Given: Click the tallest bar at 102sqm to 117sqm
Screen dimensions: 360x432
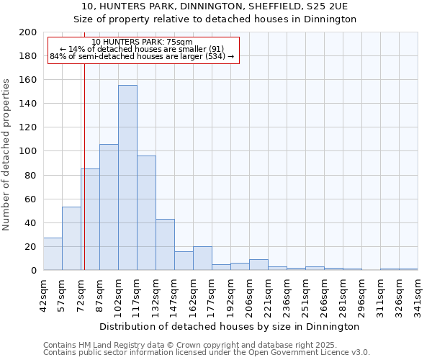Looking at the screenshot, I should tap(127, 178).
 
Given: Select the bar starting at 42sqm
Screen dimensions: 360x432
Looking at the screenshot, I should tap(53, 254).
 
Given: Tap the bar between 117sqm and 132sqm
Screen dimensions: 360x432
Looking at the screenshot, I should tap(146, 213).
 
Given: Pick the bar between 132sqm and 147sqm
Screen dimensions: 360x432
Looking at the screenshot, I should tap(165, 245).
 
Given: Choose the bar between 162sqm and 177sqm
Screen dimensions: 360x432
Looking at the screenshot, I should tap(202, 258).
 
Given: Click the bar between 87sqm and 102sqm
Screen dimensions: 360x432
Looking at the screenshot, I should tap(109, 207).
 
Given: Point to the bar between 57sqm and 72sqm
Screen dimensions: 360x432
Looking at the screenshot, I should tap(71, 238).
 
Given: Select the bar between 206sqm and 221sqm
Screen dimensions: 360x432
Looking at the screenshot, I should tap(258, 265).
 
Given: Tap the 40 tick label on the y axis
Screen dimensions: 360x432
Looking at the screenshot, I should tap(31, 223).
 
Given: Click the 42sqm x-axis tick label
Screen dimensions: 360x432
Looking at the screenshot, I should tap(43, 295).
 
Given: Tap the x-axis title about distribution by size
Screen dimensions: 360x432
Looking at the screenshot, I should tap(230, 327).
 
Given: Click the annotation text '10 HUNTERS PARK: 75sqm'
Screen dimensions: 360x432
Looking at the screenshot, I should tap(143, 42).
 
